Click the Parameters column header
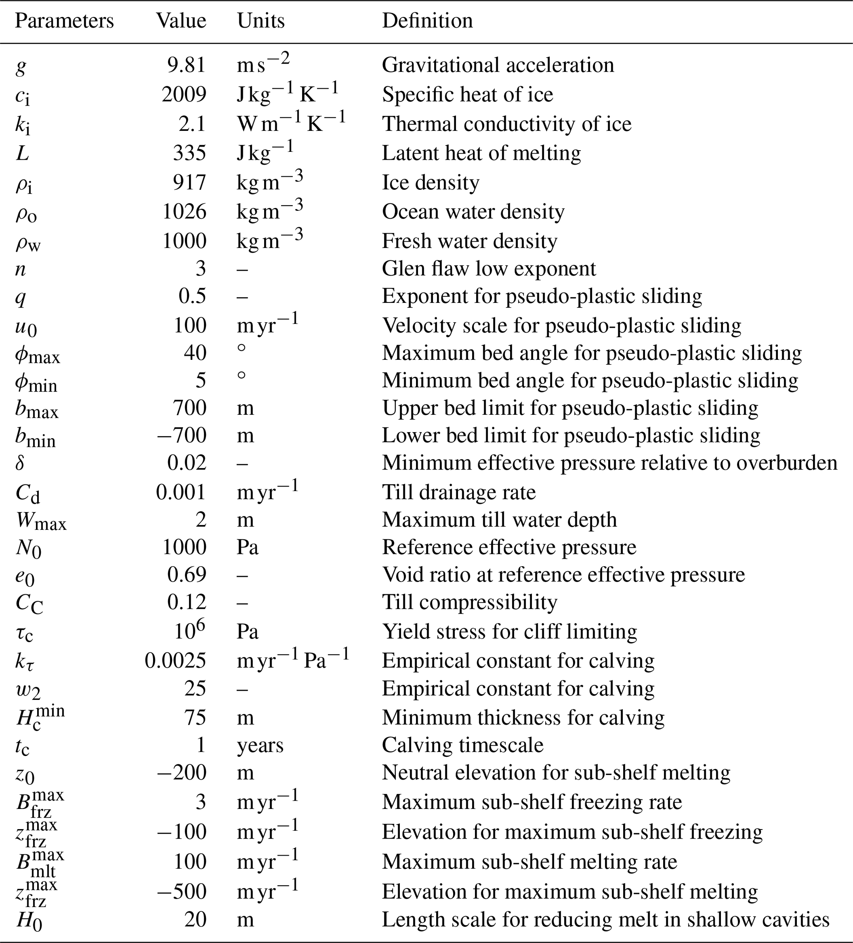pos(64,21)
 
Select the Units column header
pos(260,21)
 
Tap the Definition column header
pos(427,21)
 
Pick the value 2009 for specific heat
pos(184,95)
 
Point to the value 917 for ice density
pos(189,182)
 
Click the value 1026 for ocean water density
pos(184,212)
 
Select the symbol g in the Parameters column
pos(20,66)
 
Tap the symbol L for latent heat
pos(22,153)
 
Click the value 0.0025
pos(175,660)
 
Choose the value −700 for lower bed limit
pos(182,435)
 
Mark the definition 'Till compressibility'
pos(470,602)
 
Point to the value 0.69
pos(187,574)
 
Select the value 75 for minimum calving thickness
pos(195,718)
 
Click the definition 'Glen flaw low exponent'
pos(489,269)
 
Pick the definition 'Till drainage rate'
pos(459,492)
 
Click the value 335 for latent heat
pos(189,153)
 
